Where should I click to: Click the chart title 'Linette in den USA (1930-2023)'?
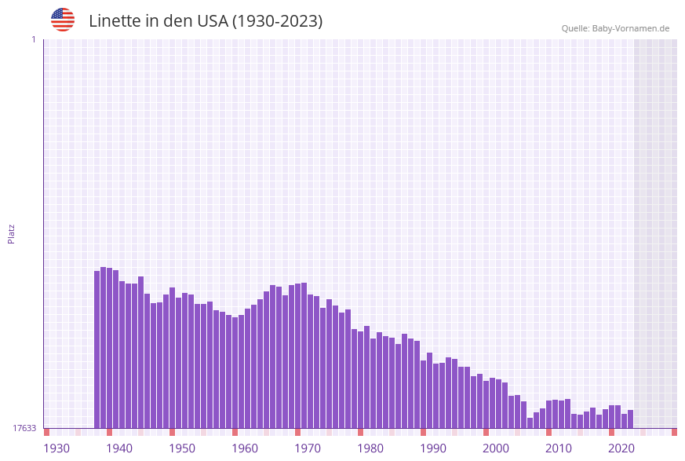206,21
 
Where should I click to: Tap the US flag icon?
63,20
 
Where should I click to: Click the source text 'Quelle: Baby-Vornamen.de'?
615,28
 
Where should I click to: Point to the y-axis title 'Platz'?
12,233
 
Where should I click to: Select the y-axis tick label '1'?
33,39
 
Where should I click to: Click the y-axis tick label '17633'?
24,428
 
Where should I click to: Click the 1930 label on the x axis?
56,448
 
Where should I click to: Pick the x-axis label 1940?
119,448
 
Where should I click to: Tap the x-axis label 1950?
182,448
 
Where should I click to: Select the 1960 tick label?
245,448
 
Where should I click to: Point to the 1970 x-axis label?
308,448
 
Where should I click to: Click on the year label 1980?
370,448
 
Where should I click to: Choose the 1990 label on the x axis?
433,448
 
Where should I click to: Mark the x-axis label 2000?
496,448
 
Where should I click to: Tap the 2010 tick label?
559,448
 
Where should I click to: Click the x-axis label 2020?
621,448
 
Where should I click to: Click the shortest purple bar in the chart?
530,423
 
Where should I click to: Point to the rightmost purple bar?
631,419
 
